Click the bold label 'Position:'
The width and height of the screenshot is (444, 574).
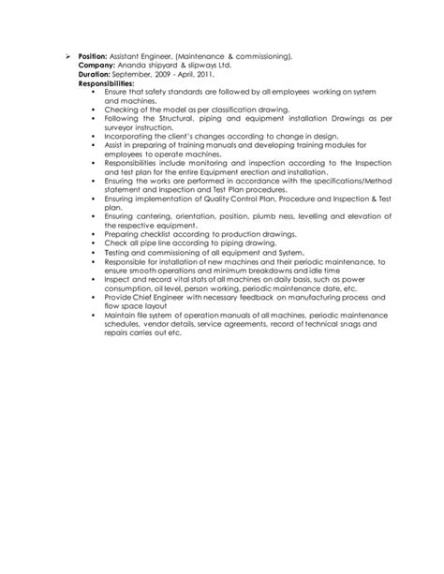pos(92,56)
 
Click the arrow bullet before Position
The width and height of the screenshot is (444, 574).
pos(67,56)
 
